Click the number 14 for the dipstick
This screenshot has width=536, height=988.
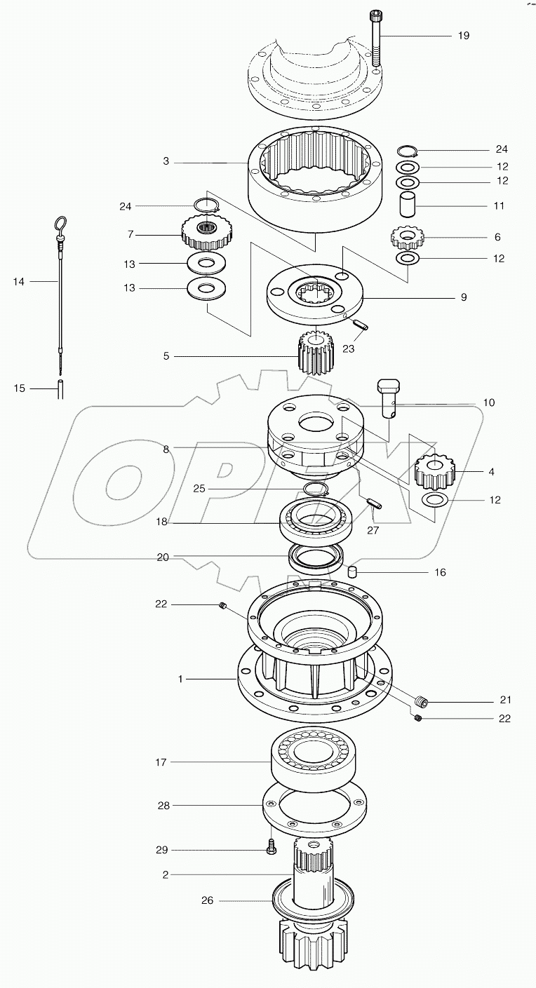tap(19, 281)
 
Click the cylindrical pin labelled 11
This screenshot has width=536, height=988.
tap(408, 206)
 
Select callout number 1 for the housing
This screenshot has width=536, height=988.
tap(180, 679)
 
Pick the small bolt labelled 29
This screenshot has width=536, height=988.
tap(272, 849)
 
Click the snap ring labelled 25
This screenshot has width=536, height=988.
tap(316, 489)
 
